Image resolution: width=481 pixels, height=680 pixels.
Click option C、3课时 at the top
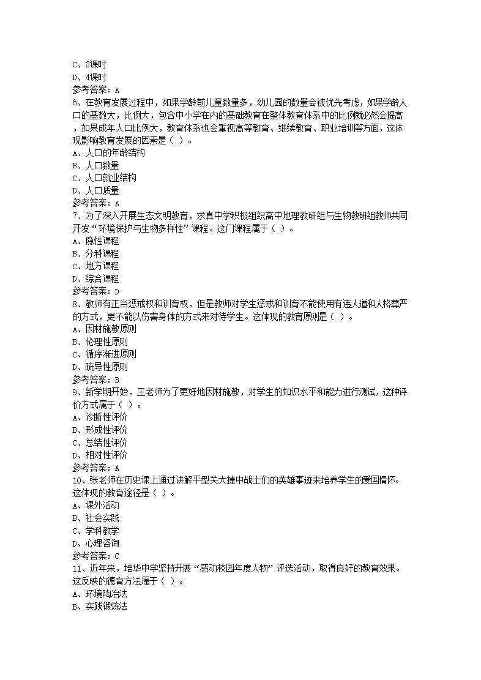pyautogui.click(x=89, y=64)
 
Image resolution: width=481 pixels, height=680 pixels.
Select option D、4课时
pyautogui.click(x=89, y=77)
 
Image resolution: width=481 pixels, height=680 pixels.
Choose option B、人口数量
pyautogui.click(x=95, y=165)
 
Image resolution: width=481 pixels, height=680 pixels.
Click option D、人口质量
pyautogui.click(x=95, y=190)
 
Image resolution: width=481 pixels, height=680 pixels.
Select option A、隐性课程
pyautogui.click(x=95, y=241)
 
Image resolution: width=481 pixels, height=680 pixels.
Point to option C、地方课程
pyautogui.click(x=95, y=266)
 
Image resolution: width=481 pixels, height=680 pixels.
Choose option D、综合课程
pyautogui.click(x=95, y=278)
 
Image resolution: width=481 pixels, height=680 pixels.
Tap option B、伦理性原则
pyautogui.click(x=100, y=342)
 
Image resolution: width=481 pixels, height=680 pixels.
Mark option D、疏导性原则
pyautogui.click(x=100, y=367)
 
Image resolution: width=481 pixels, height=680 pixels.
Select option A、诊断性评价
pyautogui.click(x=100, y=417)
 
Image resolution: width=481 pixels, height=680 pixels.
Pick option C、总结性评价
pyautogui.click(x=100, y=442)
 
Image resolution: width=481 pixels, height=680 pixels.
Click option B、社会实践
pyautogui.click(x=95, y=518)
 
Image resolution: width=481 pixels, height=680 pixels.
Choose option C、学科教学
pyautogui.click(x=95, y=530)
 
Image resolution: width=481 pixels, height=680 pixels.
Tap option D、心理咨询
pyautogui.click(x=95, y=543)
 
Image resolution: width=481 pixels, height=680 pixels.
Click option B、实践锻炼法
pyautogui.click(x=100, y=606)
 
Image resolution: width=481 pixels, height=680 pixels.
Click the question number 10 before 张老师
pyautogui.click(x=76, y=480)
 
